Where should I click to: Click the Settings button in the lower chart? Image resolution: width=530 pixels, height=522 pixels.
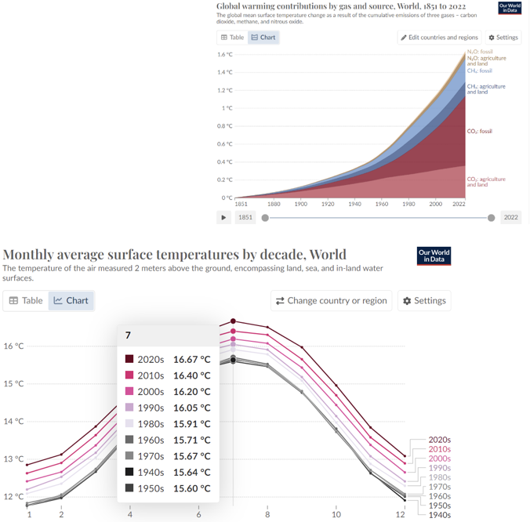point(425,300)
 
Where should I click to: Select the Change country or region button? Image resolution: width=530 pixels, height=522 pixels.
point(332,300)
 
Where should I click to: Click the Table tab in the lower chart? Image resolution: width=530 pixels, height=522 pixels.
point(26,300)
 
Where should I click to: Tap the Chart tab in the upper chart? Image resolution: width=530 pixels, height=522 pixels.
point(263,37)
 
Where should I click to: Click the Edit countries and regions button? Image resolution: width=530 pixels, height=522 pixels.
point(439,37)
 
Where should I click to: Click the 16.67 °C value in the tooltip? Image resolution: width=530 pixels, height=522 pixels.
point(192,359)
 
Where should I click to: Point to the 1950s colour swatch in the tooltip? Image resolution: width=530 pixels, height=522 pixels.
point(130,488)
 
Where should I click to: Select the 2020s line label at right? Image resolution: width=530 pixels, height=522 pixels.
point(439,440)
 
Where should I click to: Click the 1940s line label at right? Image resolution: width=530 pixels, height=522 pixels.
point(439,515)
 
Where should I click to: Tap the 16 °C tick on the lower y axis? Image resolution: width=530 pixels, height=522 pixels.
point(14,346)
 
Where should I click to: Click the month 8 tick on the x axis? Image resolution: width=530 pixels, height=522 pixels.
point(268,514)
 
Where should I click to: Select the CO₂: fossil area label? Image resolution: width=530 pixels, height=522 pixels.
point(479,130)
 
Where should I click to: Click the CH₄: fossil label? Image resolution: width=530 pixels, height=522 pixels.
point(480,71)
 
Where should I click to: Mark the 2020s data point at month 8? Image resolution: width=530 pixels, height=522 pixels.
point(268,327)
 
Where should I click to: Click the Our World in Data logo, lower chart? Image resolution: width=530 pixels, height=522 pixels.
point(434,256)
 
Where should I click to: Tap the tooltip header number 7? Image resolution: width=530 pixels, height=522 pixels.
point(128,335)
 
